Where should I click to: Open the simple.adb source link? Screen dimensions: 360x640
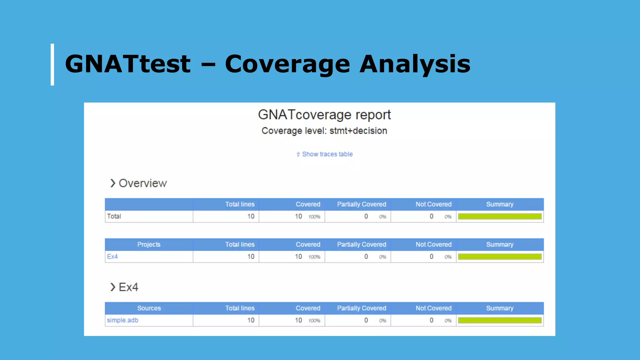(122, 320)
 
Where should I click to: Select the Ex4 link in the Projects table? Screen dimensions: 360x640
(112, 257)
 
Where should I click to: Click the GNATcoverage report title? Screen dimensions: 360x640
(324, 115)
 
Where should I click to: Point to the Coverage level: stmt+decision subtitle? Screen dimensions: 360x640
(324, 131)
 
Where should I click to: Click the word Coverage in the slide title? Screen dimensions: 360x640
(287, 64)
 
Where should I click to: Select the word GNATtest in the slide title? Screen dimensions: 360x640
(127, 64)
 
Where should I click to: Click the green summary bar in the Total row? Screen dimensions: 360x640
(499, 217)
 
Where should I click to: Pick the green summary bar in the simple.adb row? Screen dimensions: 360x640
(499, 320)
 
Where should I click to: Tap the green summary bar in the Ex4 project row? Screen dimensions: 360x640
(499, 257)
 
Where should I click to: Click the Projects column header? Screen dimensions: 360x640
(149, 244)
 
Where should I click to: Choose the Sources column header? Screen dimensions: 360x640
(149, 308)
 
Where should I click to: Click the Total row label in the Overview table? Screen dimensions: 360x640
(114, 216)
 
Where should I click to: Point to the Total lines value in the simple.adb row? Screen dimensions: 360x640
(251, 320)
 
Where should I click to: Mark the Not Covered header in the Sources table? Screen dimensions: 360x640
(433, 308)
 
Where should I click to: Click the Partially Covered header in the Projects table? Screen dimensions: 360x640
(362, 244)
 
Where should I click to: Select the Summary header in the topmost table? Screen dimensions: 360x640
(499, 204)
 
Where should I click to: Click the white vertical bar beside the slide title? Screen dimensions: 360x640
(52, 65)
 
